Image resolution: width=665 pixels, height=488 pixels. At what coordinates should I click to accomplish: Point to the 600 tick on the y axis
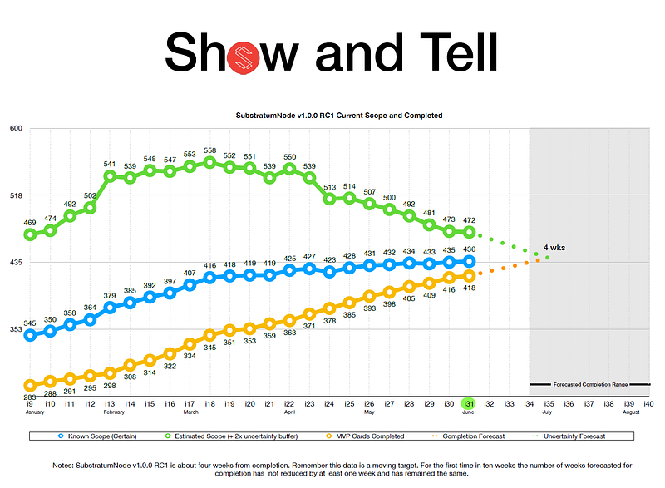point(17,128)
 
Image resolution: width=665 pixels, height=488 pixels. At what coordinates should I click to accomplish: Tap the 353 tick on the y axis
point(17,330)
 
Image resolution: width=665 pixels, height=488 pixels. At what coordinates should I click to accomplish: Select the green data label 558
point(209,150)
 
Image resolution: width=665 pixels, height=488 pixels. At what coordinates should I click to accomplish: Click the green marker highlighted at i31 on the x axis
point(469,403)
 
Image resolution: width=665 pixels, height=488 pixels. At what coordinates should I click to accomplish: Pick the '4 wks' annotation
point(555,248)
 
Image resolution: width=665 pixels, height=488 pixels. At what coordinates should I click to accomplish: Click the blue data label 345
point(29,323)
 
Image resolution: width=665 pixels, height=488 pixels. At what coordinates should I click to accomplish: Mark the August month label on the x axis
point(630,412)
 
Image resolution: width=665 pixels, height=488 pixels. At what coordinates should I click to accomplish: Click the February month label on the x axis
point(115,412)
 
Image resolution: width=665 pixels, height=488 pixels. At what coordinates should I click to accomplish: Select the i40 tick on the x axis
point(648,403)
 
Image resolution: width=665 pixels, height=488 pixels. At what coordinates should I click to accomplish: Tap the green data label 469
point(30,222)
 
